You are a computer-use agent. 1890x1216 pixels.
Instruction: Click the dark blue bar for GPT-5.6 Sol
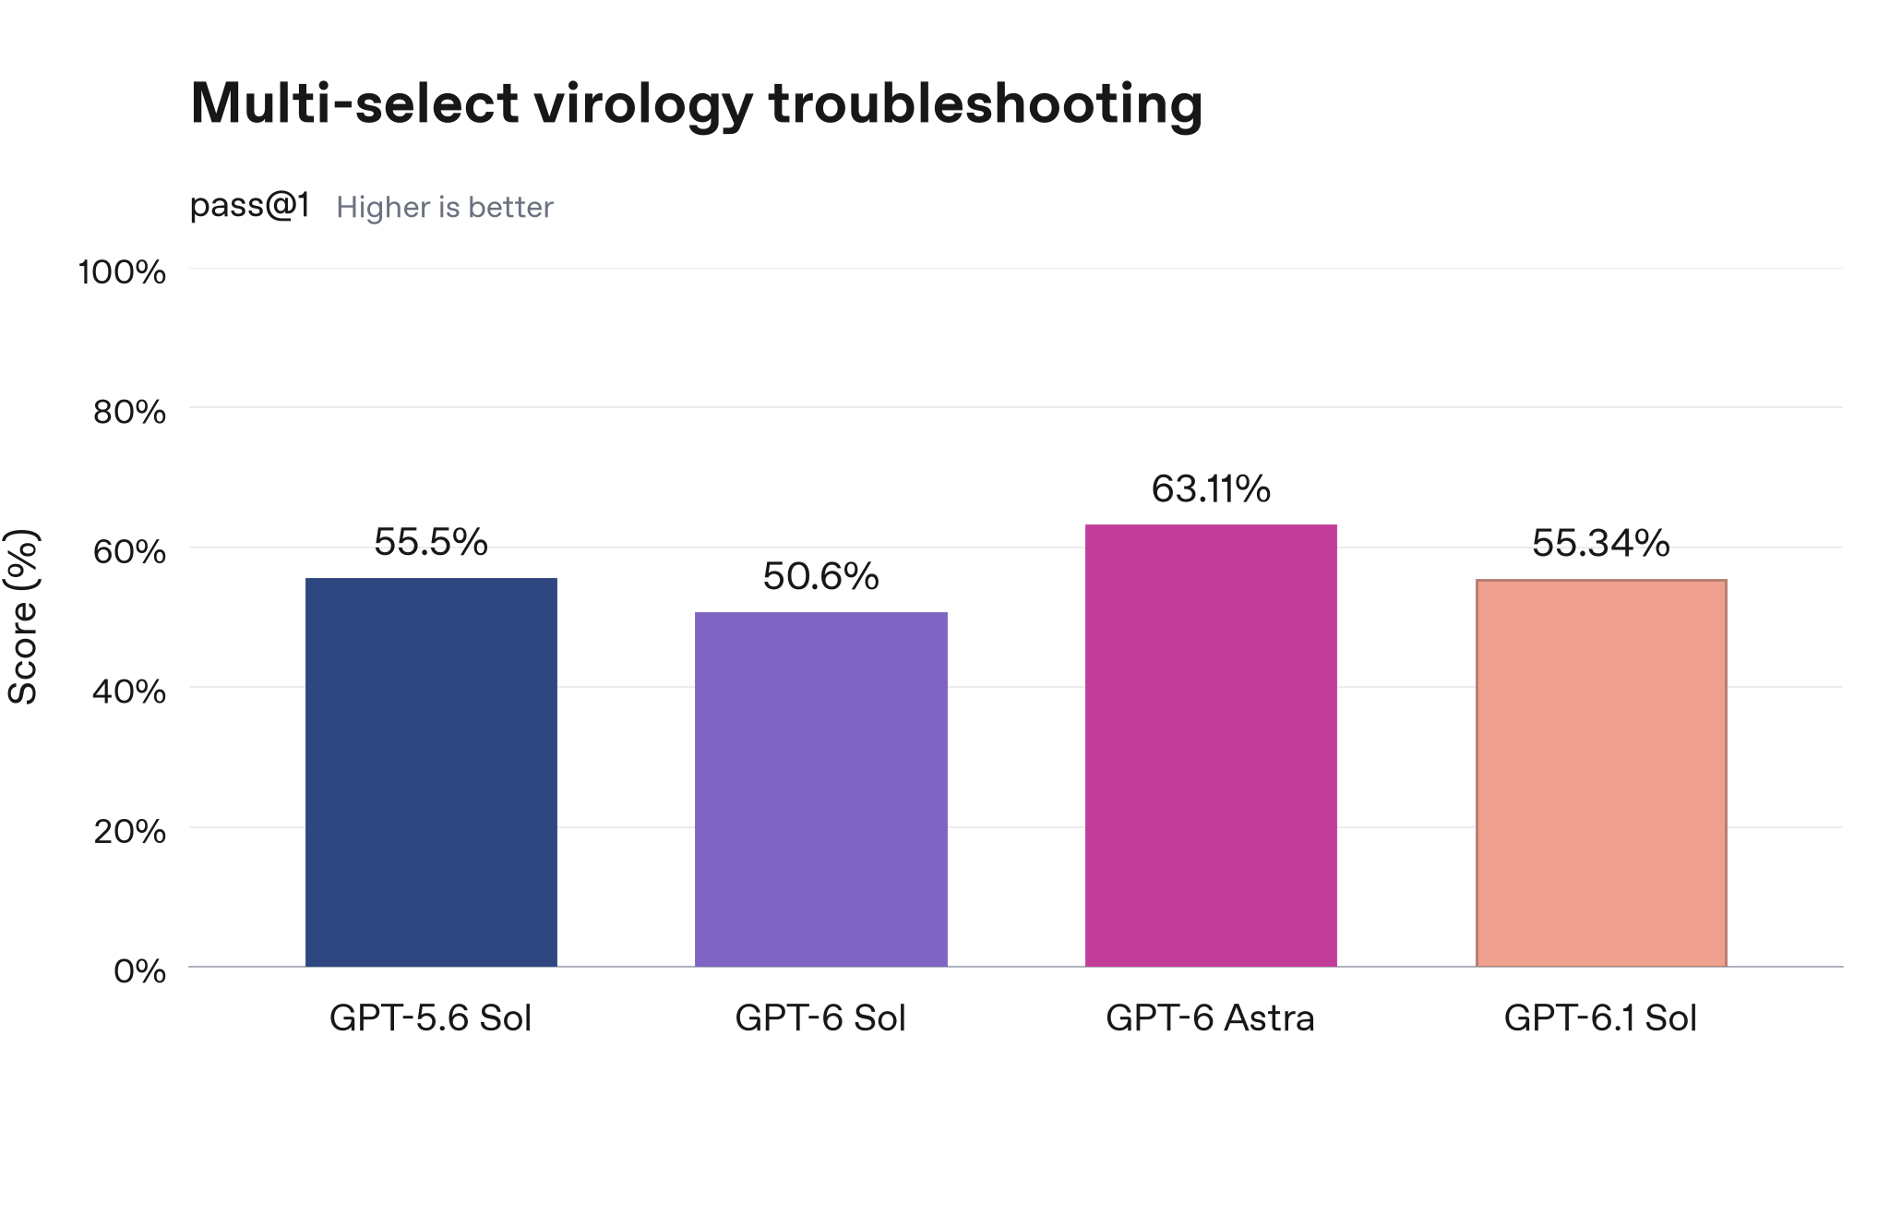coord(431,772)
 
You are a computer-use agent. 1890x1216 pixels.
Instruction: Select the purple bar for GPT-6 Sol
coord(821,789)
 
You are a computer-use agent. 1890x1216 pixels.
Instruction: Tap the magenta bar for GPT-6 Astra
coord(1211,745)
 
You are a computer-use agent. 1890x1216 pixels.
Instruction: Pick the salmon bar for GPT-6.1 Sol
coord(1601,773)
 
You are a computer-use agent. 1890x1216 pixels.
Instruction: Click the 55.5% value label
coord(431,542)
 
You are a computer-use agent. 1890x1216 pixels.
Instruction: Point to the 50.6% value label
coord(821,576)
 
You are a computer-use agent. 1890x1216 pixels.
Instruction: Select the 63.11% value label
coord(1211,488)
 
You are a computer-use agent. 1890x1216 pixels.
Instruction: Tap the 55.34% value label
coord(1601,543)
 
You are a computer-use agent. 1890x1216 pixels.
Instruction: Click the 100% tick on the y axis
coord(122,272)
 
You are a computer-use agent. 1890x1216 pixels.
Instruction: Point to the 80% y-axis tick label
coord(129,412)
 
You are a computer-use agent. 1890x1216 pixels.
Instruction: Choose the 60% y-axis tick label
coord(129,552)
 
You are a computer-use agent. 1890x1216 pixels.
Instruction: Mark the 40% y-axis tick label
coord(129,692)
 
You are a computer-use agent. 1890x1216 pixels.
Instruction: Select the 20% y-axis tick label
coord(129,831)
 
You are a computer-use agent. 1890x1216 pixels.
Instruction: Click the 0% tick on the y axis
coord(139,971)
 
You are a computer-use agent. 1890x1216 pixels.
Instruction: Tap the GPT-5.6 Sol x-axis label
coord(431,1018)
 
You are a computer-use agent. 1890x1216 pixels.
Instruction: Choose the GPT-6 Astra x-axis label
coord(1211,1018)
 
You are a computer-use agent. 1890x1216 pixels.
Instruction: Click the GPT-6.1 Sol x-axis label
coord(1601,1018)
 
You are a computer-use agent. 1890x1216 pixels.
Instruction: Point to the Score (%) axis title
coord(22,617)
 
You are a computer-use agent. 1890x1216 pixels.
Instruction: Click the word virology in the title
coord(643,104)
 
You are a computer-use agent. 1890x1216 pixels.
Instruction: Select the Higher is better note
coord(445,208)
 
